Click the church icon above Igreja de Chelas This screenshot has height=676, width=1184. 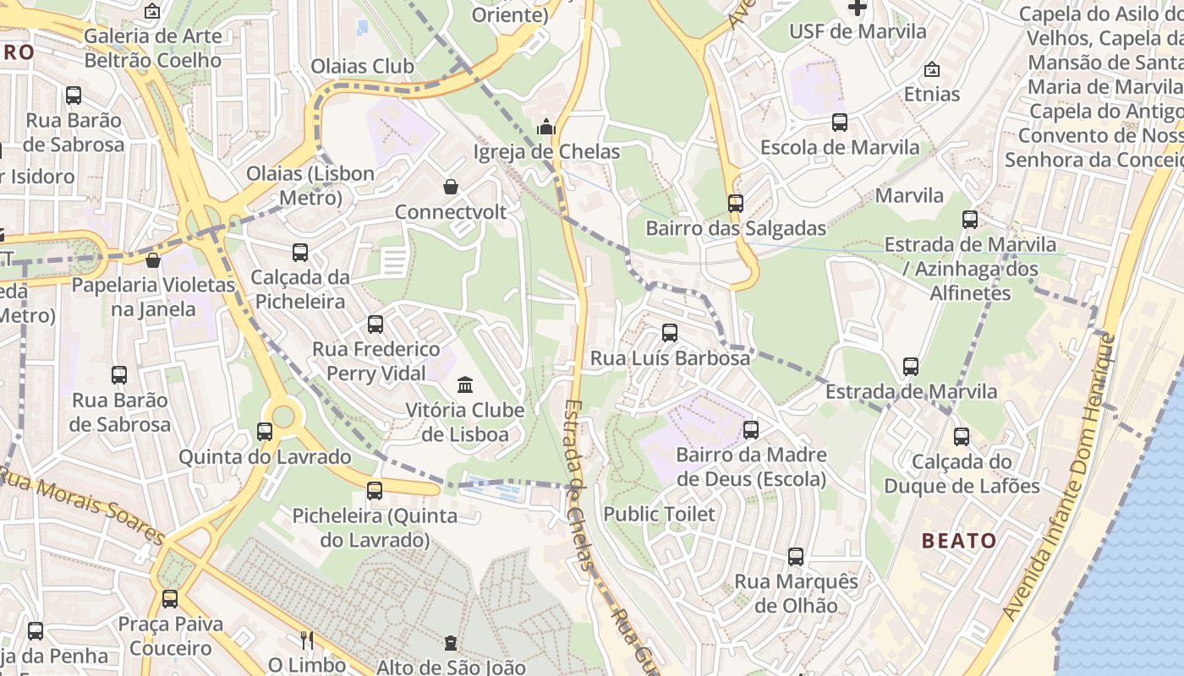(x=546, y=128)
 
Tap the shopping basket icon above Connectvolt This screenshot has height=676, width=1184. (x=451, y=187)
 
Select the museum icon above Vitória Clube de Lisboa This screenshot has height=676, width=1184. (x=465, y=385)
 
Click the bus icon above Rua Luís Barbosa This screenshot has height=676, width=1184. (x=670, y=333)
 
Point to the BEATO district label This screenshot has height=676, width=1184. (x=959, y=541)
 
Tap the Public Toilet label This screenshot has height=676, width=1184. (x=659, y=514)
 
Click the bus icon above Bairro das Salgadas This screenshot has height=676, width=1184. (x=736, y=203)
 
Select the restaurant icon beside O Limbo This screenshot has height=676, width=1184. (x=307, y=640)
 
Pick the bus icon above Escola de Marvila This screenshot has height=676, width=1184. (x=840, y=123)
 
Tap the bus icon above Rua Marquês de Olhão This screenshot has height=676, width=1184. (x=796, y=557)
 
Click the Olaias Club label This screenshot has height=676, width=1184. (x=363, y=66)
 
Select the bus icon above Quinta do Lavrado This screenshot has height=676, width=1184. (x=265, y=432)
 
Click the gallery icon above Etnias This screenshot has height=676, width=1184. (x=932, y=69)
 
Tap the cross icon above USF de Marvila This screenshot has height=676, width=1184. (x=858, y=8)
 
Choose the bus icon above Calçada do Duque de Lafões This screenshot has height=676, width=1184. (x=962, y=437)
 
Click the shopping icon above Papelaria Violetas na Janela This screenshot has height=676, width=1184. (x=153, y=260)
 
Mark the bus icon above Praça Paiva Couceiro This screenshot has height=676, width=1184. (x=170, y=599)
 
